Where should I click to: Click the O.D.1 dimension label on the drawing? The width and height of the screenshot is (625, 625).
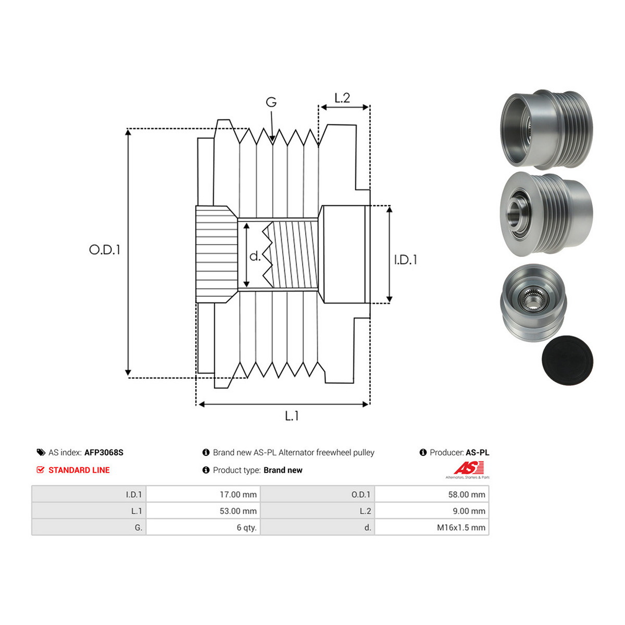click(x=105, y=249)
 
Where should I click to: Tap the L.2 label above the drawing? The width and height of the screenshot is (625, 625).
click(x=342, y=98)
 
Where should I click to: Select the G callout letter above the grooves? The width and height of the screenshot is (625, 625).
click(x=271, y=102)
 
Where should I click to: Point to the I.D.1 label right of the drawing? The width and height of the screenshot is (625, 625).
click(x=405, y=260)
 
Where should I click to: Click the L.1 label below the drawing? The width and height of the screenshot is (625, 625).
click(x=292, y=416)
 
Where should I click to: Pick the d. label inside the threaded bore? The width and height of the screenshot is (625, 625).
click(x=255, y=256)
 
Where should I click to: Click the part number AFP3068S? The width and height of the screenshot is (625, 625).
click(x=104, y=453)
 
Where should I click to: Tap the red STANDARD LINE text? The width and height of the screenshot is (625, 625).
click(x=79, y=470)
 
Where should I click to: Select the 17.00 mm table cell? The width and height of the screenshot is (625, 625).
click(x=238, y=495)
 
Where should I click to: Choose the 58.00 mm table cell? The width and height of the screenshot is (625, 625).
click(x=467, y=495)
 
